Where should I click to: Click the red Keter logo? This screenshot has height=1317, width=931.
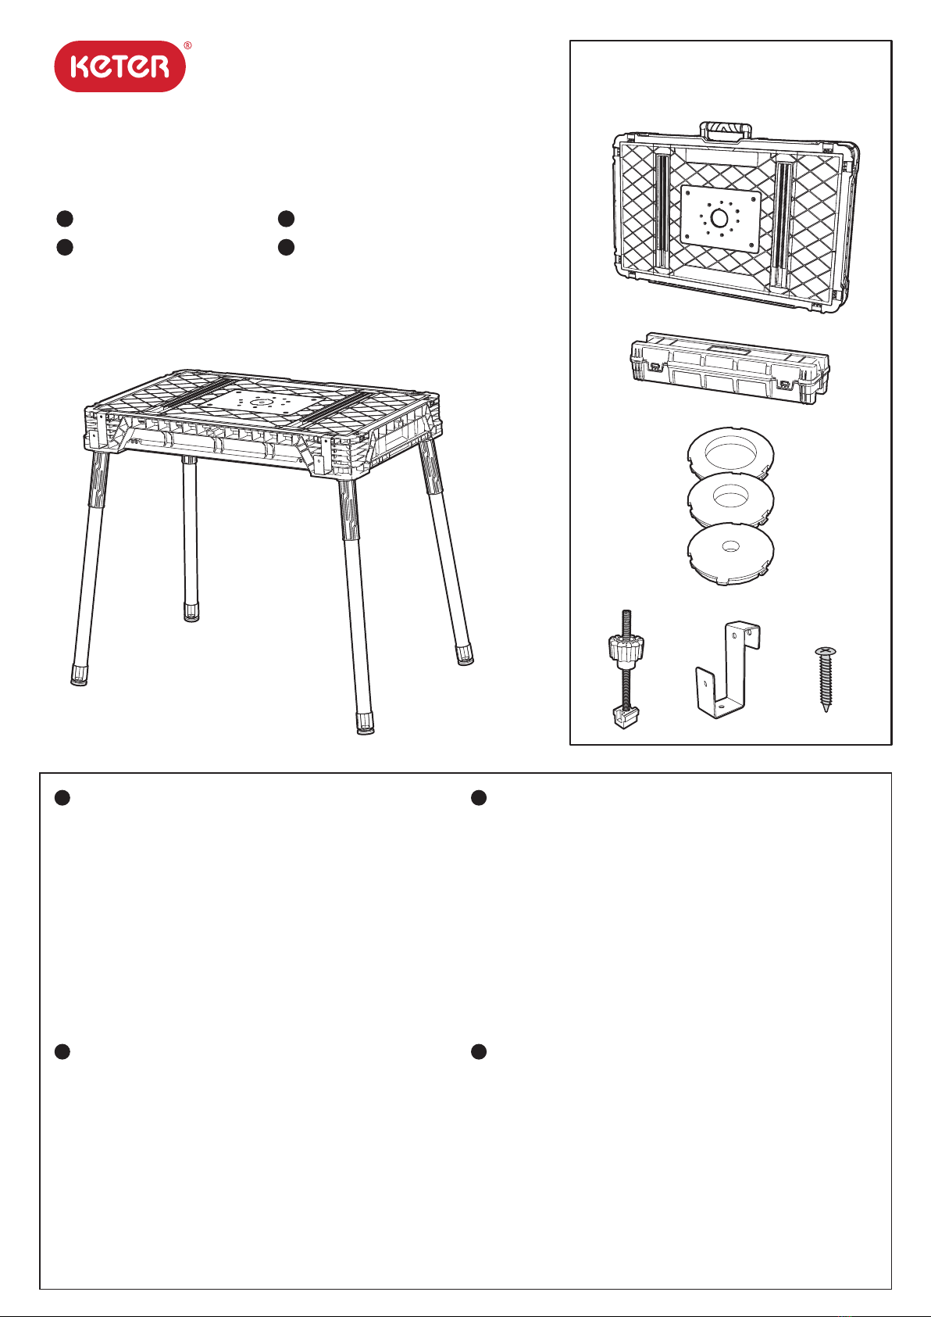119,66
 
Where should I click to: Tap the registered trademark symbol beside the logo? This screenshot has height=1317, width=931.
187,45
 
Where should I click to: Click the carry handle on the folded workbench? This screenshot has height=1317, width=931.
726,131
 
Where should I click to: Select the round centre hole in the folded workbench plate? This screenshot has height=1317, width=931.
719,218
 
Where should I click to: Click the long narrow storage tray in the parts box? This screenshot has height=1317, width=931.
729,368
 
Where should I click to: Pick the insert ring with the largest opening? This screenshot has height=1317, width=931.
730,455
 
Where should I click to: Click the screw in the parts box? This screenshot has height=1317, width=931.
826,679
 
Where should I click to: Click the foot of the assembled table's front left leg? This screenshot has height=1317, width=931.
79,675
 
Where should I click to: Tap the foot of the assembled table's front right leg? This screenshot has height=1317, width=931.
366,724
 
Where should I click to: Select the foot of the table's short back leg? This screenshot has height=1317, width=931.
191,611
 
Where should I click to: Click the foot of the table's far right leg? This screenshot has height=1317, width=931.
465,655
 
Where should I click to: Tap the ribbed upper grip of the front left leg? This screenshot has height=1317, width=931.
98,478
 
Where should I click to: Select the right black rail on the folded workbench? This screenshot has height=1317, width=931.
783,226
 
